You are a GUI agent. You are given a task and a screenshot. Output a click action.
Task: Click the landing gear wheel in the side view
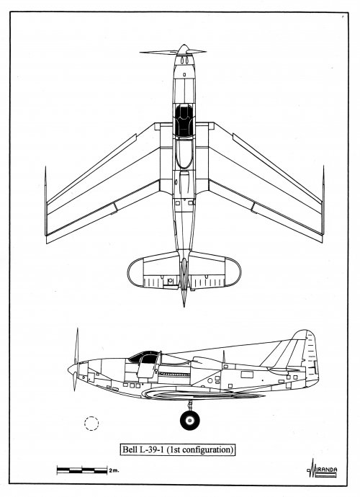pyautogui.click(x=190, y=421)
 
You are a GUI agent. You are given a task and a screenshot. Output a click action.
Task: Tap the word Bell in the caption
pyautogui.click(x=129, y=449)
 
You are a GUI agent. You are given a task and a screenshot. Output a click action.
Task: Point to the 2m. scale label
pyautogui.click(x=114, y=470)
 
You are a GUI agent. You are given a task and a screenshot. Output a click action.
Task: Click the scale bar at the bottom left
pyautogui.click(x=82, y=470)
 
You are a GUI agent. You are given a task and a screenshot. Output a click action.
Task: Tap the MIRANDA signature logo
pyautogui.click(x=322, y=469)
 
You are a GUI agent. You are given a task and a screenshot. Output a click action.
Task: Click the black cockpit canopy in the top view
pyautogui.click(x=184, y=121)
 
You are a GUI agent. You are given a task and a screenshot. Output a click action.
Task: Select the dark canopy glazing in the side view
pyautogui.click(x=144, y=357)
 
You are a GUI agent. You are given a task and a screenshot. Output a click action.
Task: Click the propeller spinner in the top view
pyautogui.click(x=183, y=50)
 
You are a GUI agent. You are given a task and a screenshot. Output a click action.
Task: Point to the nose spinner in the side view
pyautogui.click(x=73, y=369)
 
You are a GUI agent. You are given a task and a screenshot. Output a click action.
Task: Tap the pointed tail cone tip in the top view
pyautogui.click(x=184, y=306)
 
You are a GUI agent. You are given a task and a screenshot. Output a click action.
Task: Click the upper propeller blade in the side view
pyautogui.click(x=76, y=346)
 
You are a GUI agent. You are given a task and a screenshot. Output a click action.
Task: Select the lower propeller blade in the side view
pyautogui.click(x=75, y=382)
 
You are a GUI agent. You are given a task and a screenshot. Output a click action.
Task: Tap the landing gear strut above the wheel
pyautogui.click(x=190, y=405)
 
